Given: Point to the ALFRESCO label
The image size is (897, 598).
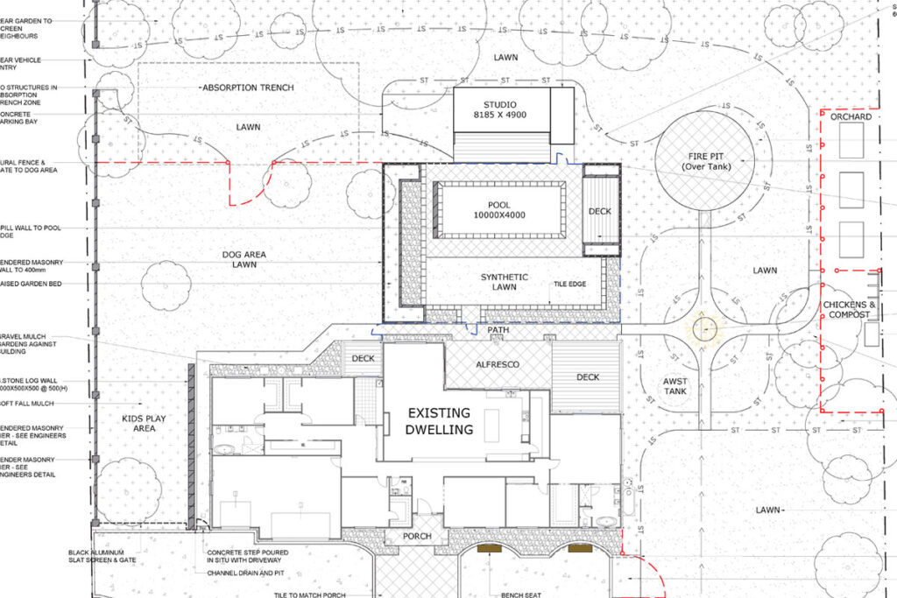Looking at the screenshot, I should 497,363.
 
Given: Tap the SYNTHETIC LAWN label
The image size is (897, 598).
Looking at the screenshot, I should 505,282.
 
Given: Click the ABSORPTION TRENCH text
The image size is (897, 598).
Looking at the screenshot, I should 247,88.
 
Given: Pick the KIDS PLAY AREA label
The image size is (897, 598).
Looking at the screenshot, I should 144,423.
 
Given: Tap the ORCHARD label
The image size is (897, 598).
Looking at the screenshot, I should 851,117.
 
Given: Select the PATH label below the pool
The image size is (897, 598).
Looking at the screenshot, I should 498,330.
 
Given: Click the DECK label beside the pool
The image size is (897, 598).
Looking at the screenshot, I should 600,211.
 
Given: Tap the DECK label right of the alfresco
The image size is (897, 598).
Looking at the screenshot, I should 589,377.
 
